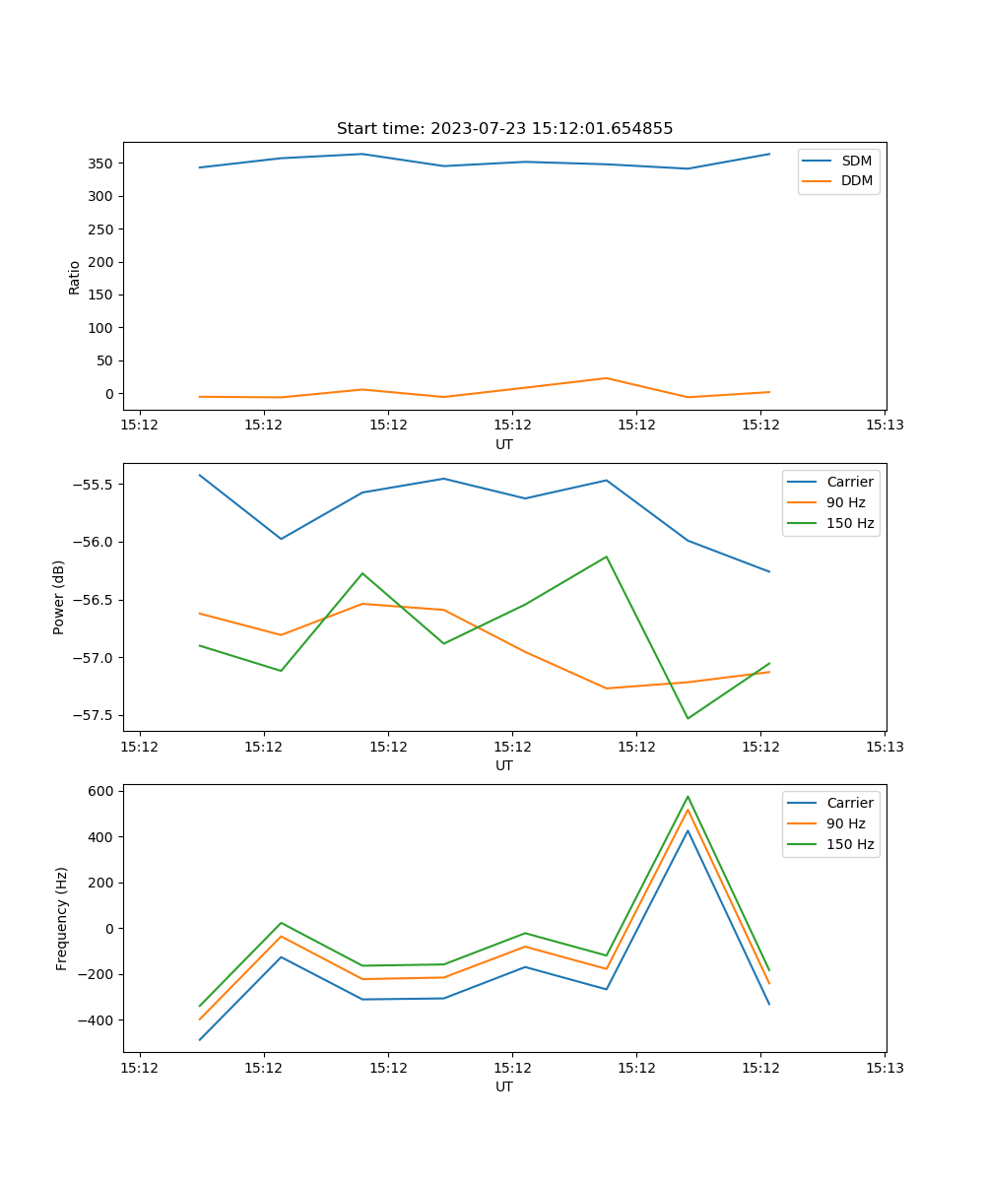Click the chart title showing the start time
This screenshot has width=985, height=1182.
click(x=504, y=129)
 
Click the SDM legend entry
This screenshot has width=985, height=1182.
click(x=856, y=161)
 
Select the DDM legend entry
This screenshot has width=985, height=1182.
click(x=856, y=180)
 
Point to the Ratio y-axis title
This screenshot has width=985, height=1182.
click(x=75, y=278)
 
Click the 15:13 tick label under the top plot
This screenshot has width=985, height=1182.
click(x=885, y=425)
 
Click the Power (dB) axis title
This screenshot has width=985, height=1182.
click(x=59, y=597)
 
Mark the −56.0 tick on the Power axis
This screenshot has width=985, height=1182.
click(x=92, y=542)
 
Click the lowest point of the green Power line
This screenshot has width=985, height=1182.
click(x=688, y=718)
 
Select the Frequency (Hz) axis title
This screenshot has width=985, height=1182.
click(x=62, y=918)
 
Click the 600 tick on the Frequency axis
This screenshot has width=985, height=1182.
click(x=101, y=791)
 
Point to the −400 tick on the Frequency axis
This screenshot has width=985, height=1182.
click(x=96, y=1020)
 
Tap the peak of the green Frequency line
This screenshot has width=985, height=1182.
click(x=688, y=797)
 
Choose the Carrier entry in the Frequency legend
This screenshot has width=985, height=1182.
click(x=849, y=803)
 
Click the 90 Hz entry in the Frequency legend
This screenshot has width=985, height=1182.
click(x=845, y=823)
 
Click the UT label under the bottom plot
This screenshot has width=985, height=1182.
click(x=504, y=1086)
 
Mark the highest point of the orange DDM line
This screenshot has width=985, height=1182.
click(x=607, y=378)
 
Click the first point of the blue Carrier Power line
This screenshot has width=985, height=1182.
click(x=200, y=475)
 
